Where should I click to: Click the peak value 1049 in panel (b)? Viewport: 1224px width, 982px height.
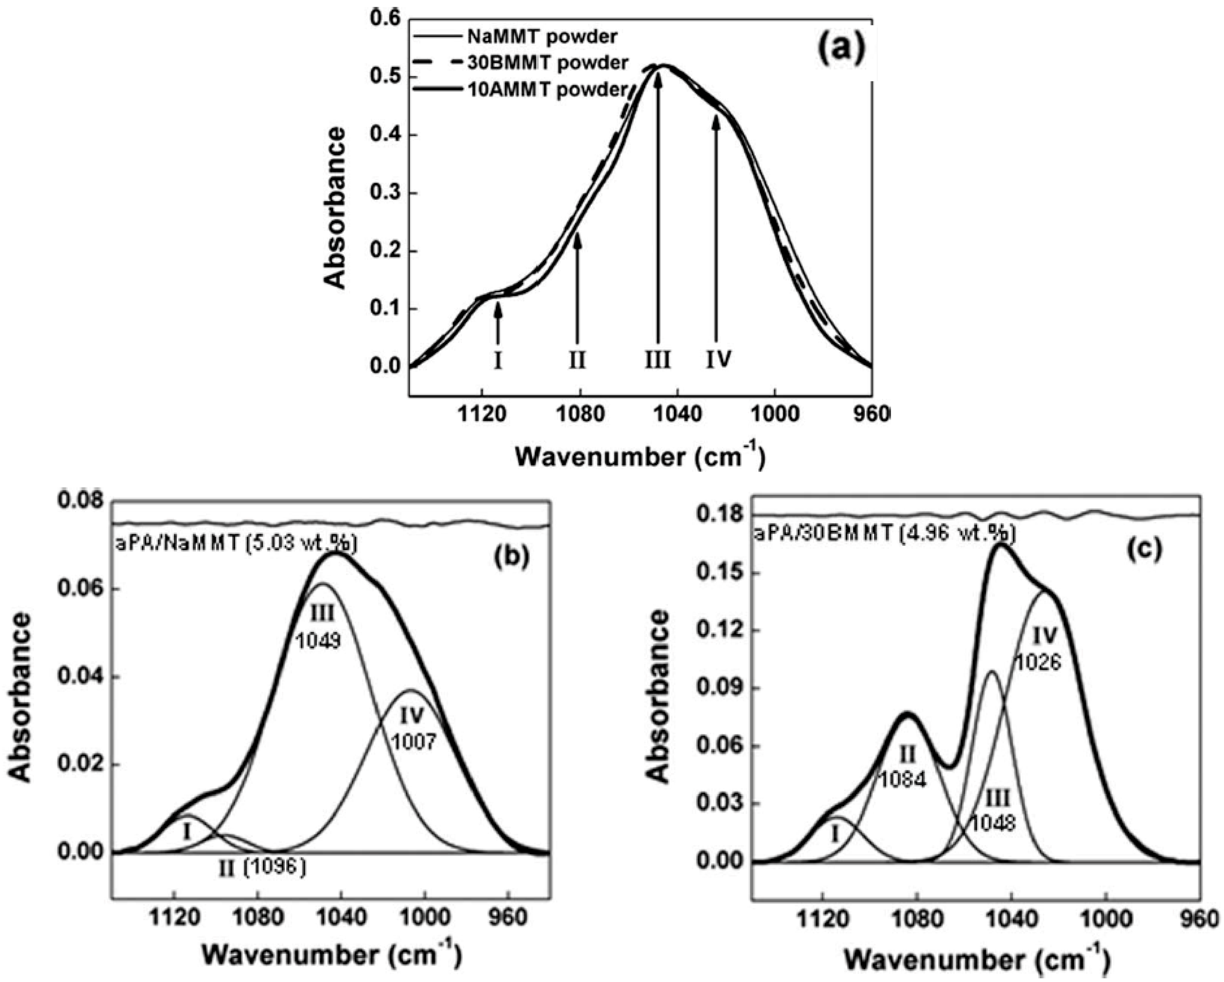(318, 642)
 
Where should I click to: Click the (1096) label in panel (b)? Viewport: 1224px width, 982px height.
(275, 867)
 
